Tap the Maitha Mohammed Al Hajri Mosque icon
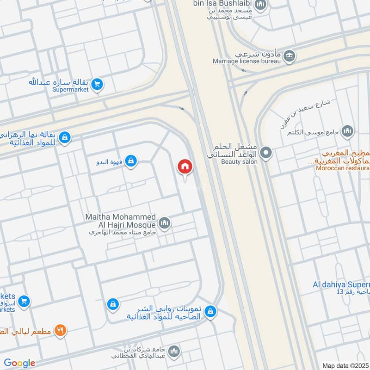point(165,224)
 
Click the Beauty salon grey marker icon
point(266,152)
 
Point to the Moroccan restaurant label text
point(343,168)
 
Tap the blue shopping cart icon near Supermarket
point(97,84)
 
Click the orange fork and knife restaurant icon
point(61,330)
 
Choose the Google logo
point(19,363)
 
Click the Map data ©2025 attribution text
point(345,365)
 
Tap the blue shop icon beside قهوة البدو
point(131,160)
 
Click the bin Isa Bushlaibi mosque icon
point(260,6)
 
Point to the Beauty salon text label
point(239,162)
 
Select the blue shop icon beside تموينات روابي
point(210,311)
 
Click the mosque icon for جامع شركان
point(174,351)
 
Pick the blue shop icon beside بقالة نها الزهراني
point(65,137)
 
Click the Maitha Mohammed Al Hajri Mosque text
point(121,221)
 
